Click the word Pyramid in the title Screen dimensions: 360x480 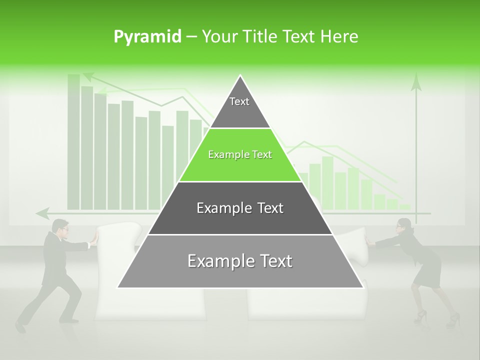pyautogui.click(x=147, y=36)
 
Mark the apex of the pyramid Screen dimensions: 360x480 pyautogui.click(x=240, y=76)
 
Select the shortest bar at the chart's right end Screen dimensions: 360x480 pyautogui.click(x=404, y=206)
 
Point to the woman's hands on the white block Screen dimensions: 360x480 pyautogui.click(x=370, y=241)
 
